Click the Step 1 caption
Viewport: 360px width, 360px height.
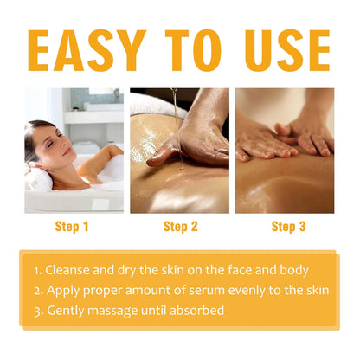coord(73,227)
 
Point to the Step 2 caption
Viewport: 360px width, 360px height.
coord(181,227)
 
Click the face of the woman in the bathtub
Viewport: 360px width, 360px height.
coord(47,142)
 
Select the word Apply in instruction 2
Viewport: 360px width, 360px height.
coord(63,290)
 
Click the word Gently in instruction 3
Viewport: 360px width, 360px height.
coord(67,311)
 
